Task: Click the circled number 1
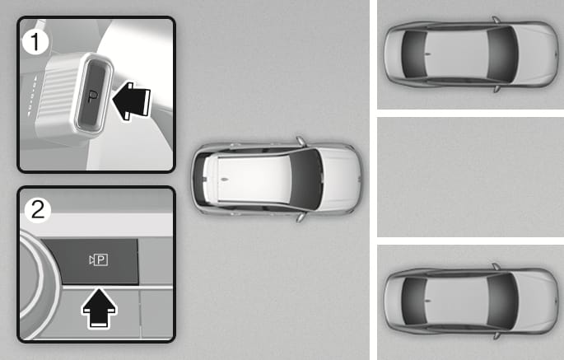[35, 42]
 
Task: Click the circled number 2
[38, 210]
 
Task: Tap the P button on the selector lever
[94, 94]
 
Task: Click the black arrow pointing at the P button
[131, 101]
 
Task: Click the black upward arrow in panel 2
[100, 308]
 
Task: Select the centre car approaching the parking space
[277, 179]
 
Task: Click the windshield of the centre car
[306, 179]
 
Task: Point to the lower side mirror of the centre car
[301, 217]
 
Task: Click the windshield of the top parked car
[502, 54]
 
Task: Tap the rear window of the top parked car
[414, 54]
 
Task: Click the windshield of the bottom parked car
[502, 301]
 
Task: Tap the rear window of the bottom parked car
[414, 301]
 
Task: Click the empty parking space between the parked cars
[470, 177]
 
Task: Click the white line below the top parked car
[470, 113]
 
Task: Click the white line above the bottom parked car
[470, 241]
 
